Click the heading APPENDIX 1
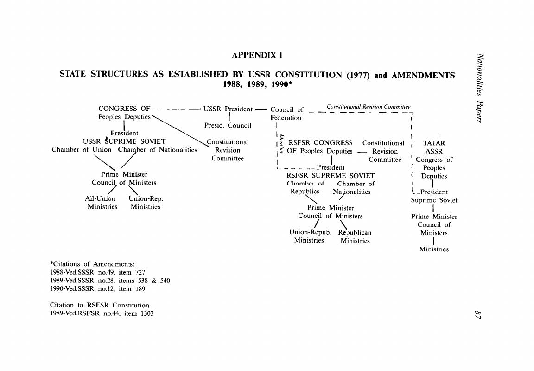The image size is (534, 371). click(257, 55)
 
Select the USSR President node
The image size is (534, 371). click(228, 109)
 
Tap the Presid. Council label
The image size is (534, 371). click(228, 125)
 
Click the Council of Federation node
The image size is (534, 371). click(286, 114)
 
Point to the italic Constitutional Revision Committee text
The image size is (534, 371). click(369, 107)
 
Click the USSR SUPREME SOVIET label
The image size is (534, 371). click(124, 141)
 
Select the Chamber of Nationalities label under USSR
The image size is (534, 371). click(158, 150)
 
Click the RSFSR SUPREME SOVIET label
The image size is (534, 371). click(331, 176)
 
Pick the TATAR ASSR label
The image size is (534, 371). click(434, 147)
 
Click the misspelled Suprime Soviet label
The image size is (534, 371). click(434, 200)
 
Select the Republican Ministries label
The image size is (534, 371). click(355, 237)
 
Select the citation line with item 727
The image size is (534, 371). click(98, 272)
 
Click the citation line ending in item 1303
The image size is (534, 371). click(102, 313)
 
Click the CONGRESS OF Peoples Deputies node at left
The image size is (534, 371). click(124, 113)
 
